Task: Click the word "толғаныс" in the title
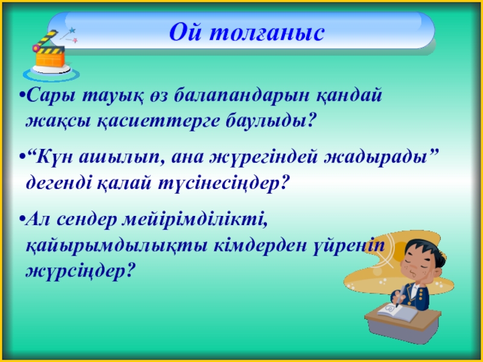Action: tap(267, 32)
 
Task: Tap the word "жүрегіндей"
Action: tap(264, 157)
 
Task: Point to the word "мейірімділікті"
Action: tap(194, 219)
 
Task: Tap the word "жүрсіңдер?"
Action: tap(81, 271)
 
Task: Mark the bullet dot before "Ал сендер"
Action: tap(22, 220)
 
